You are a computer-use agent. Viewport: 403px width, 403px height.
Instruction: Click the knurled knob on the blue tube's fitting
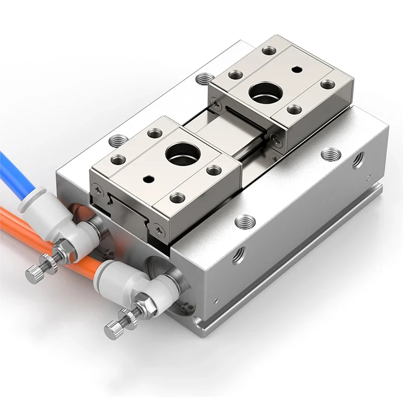[35, 273]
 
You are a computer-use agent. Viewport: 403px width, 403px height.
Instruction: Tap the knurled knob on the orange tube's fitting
[114, 329]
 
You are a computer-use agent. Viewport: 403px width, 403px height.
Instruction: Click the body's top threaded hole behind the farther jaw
[205, 79]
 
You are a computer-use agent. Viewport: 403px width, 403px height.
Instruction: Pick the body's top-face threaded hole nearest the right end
[330, 153]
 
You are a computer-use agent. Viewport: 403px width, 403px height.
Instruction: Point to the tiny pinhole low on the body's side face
[216, 300]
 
